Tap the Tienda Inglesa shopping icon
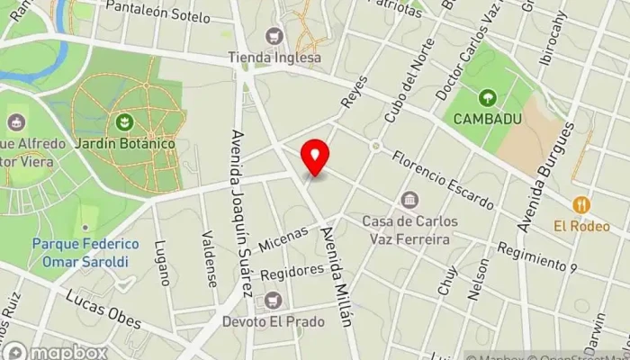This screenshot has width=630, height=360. [274, 37]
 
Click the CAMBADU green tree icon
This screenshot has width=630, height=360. [487, 97]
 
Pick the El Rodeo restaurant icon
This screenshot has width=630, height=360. [580, 204]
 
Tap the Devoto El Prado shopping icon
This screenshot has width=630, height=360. [273, 300]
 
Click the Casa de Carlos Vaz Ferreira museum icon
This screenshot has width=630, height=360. [409, 199]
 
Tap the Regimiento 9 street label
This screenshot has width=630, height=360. [536, 257]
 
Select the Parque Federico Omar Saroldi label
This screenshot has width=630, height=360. [85, 253]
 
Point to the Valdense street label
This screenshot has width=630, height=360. [209, 258]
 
